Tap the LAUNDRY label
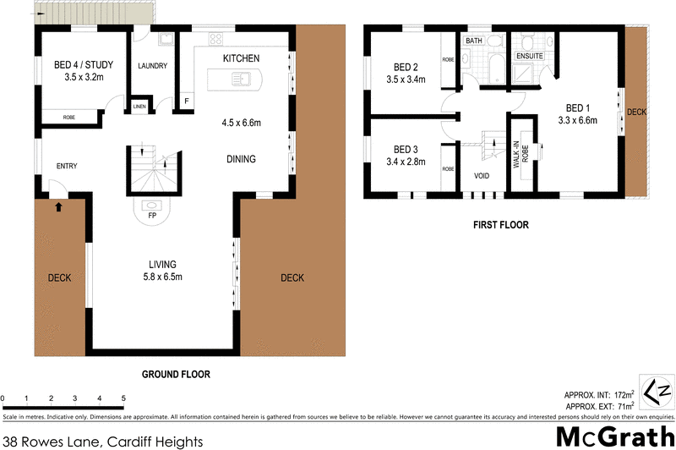point(152,66)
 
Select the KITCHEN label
point(240,58)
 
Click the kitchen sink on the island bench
point(243,80)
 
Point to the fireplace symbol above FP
point(153,204)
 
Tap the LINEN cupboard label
point(138,107)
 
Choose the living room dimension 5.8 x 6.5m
point(163,277)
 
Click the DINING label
point(241,159)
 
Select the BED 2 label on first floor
point(406,68)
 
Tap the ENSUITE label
point(529,57)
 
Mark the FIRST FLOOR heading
point(502,226)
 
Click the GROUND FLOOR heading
point(175,374)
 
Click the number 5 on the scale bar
point(123,398)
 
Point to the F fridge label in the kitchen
point(186,101)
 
